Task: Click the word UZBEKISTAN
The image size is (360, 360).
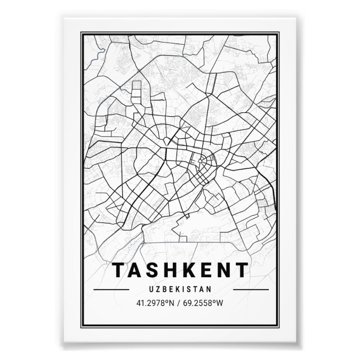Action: click(181, 290)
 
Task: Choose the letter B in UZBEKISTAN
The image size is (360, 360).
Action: click(165, 290)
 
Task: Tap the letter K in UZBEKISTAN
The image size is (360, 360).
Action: click(178, 290)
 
